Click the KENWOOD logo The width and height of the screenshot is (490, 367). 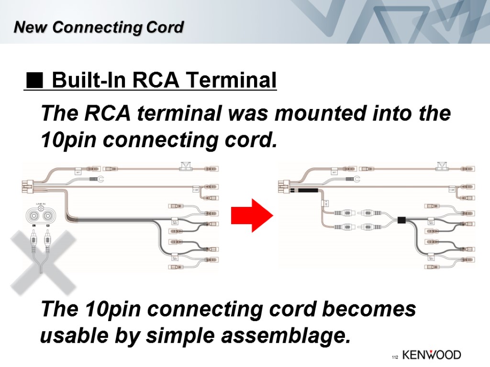[x=431, y=355]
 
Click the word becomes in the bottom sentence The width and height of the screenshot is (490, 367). [x=367, y=310]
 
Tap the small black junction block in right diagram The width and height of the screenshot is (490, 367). [x=401, y=220]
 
